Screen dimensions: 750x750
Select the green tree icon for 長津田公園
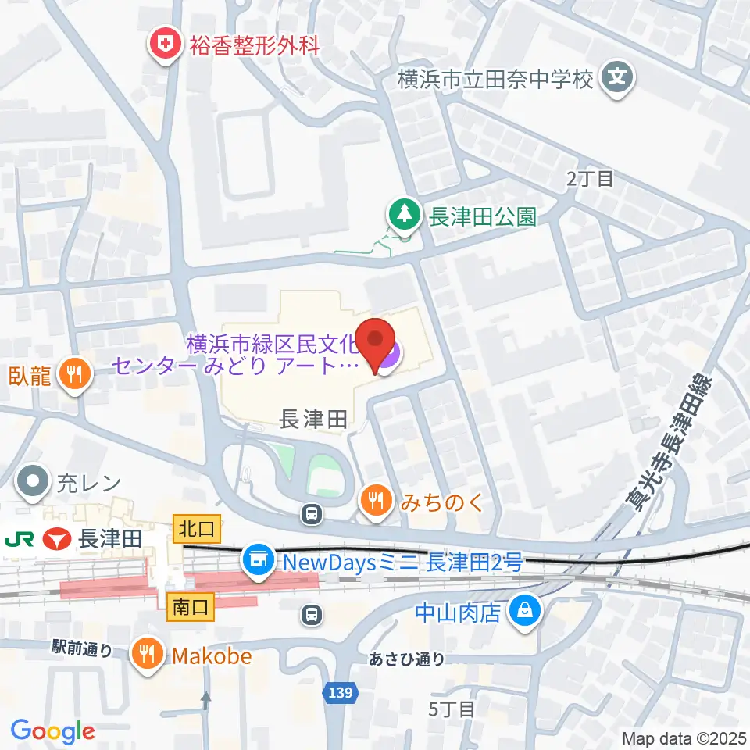[x=404, y=215]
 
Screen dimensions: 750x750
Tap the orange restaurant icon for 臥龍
[x=74, y=375]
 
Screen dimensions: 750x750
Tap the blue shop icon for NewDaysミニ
[x=258, y=560]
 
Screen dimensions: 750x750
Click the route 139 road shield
[x=347, y=693]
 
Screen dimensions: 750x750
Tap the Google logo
[x=52, y=731]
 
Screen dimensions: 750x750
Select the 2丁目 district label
[x=590, y=179]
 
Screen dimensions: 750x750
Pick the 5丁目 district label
[x=452, y=709]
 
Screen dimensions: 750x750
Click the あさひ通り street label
[x=407, y=659]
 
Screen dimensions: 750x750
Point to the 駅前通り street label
[x=83, y=648]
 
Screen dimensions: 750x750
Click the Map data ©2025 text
[x=685, y=737]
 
